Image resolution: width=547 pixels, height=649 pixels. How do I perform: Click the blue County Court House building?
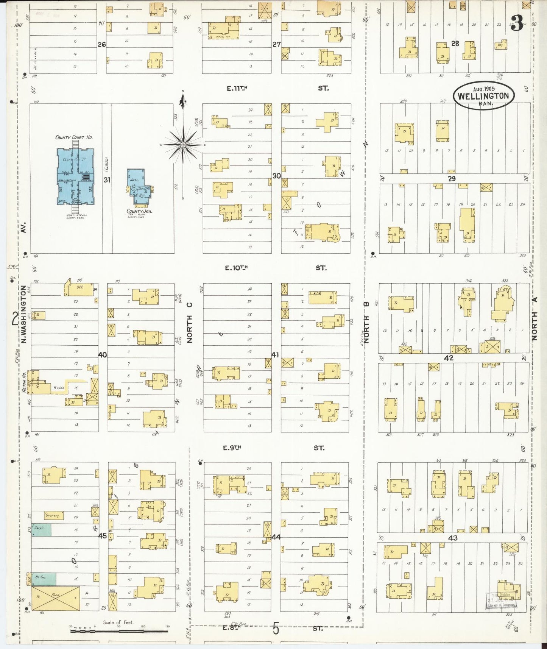point(75,176)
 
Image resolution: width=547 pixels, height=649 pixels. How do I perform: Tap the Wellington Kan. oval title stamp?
point(483,96)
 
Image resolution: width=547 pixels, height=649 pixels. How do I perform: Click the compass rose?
point(183,145)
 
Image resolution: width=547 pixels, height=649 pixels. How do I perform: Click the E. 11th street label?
point(237,89)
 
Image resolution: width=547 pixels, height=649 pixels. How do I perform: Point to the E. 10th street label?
point(236,268)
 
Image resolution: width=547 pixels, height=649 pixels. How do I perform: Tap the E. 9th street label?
point(232,448)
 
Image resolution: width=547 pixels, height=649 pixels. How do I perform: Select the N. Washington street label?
point(23,314)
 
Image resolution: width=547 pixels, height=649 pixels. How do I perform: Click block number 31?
point(107,180)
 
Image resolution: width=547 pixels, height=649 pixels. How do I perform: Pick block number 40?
point(102,355)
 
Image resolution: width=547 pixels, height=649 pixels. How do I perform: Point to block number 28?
point(455,44)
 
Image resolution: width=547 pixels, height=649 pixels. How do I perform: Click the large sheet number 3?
point(516,23)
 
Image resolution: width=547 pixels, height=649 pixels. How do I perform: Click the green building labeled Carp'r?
point(41,530)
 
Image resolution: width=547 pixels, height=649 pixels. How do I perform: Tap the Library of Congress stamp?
point(500,601)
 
